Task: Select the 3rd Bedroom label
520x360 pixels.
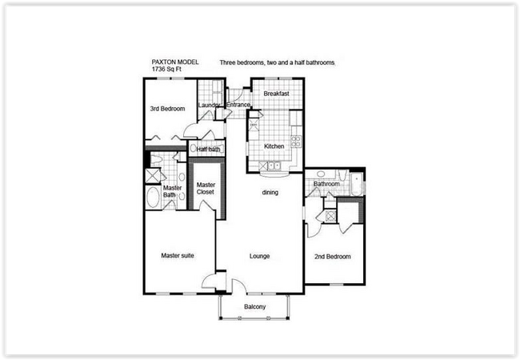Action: click(x=167, y=108)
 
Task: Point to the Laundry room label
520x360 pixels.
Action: click(x=210, y=105)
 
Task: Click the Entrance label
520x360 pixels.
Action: click(x=238, y=105)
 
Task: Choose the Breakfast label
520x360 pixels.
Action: click(x=275, y=94)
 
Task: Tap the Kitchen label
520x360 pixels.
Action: click(x=275, y=146)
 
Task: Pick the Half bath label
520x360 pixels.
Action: click(x=209, y=149)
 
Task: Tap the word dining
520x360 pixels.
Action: click(x=270, y=193)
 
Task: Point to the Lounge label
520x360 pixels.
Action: click(x=258, y=257)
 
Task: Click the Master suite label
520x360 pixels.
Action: click(x=178, y=256)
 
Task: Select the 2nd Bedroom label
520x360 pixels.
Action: click(x=333, y=257)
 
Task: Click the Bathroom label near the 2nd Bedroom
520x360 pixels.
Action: click(x=326, y=184)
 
